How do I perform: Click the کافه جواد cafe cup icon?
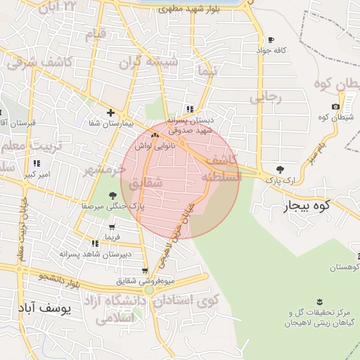(x=271, y=40)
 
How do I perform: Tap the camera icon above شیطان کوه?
(x=335, y=107)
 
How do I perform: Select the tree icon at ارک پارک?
(x=281, y=169)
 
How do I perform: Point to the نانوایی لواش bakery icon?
(x=155, y=134)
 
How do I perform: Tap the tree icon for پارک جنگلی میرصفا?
(x=112, y=195)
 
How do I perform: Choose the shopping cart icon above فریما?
(x=111, y=227)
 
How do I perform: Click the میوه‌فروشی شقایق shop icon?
(x=145, y=271)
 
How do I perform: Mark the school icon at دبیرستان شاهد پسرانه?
(x=95, y=243)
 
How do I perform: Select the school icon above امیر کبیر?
(x=35, y=163)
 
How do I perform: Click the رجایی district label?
(x=266, y=98)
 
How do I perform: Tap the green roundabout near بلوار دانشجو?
(x=148, y=289)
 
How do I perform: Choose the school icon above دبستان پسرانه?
(x=190, y=109)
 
